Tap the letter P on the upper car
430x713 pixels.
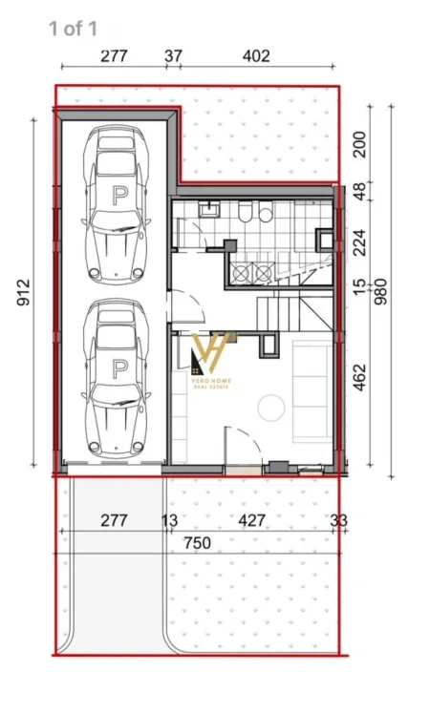tap(118, 197)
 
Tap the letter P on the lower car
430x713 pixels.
tap(118, 367)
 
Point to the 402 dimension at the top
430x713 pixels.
tap(255, 56)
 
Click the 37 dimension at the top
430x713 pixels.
tap(174, 56)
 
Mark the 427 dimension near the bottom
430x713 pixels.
tap(251, 520)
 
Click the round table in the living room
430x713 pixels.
tap(271, 408)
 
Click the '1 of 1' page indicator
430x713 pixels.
tap(73, 29)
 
